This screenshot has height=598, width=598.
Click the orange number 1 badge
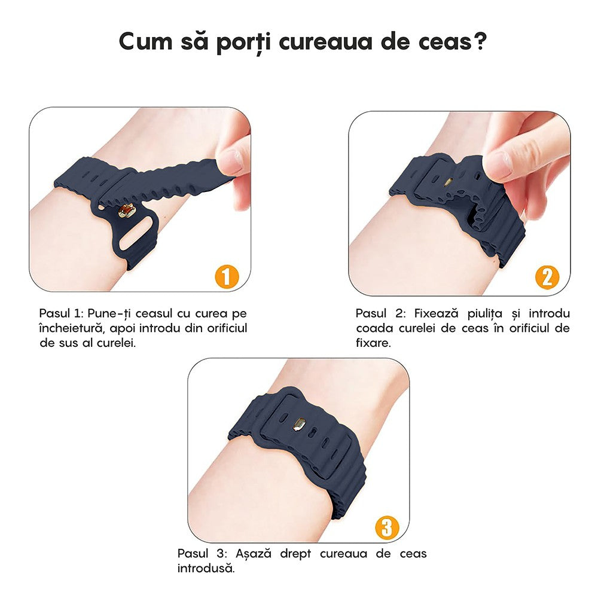(x=226, y=276)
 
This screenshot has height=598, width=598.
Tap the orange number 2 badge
(x=547, y=277)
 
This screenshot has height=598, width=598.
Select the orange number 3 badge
(x=386, y=527)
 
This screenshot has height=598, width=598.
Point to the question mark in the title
(x=477, y=41)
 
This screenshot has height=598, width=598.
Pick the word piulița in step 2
(x=486, y=314)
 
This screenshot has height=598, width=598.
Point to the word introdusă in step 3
(x=205, y=568)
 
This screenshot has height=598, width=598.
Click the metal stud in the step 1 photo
(x=126, y=211)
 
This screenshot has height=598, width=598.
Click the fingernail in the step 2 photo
(x=496, y=162)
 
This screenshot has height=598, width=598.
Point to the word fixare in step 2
(x=373, y=343)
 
